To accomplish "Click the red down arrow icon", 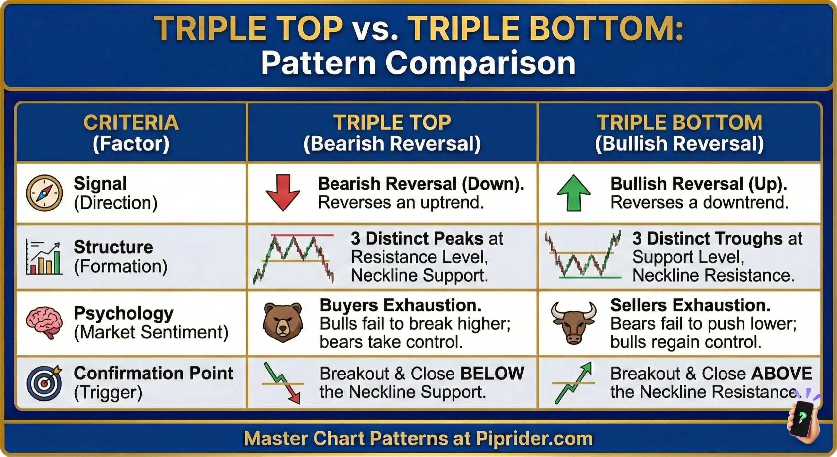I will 283,192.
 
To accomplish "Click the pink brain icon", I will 44,322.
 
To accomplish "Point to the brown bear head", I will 283,322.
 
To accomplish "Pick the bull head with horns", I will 573,322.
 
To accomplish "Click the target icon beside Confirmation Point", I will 44,383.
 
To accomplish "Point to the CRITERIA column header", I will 131,122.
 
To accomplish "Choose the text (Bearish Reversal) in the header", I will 392,144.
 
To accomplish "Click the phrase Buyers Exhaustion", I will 400,305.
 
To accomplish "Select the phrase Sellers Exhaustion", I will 690,305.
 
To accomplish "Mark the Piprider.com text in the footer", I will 534,438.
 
